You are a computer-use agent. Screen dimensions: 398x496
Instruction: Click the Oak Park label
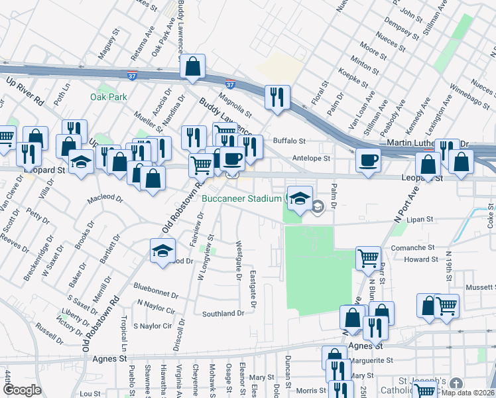point(108,97)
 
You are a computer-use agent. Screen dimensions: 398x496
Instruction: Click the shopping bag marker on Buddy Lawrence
point(192,66)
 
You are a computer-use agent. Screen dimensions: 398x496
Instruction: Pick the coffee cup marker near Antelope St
point(368,160)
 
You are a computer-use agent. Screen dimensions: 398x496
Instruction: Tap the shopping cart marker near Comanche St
point(368,258)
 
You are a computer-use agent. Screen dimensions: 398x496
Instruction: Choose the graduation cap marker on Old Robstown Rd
point(162,251)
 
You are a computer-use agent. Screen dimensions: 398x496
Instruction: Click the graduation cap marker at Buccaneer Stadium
point(299,198)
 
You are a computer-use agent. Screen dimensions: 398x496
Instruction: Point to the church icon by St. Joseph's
point(456,384)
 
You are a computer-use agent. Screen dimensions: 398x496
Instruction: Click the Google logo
point(22,390)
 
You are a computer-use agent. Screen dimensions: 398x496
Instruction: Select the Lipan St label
point(420,218)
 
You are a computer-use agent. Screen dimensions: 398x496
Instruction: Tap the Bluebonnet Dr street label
point(156,289)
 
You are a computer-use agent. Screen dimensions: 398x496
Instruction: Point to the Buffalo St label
point(289,141)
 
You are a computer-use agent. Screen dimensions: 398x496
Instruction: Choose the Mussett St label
point(479,287)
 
